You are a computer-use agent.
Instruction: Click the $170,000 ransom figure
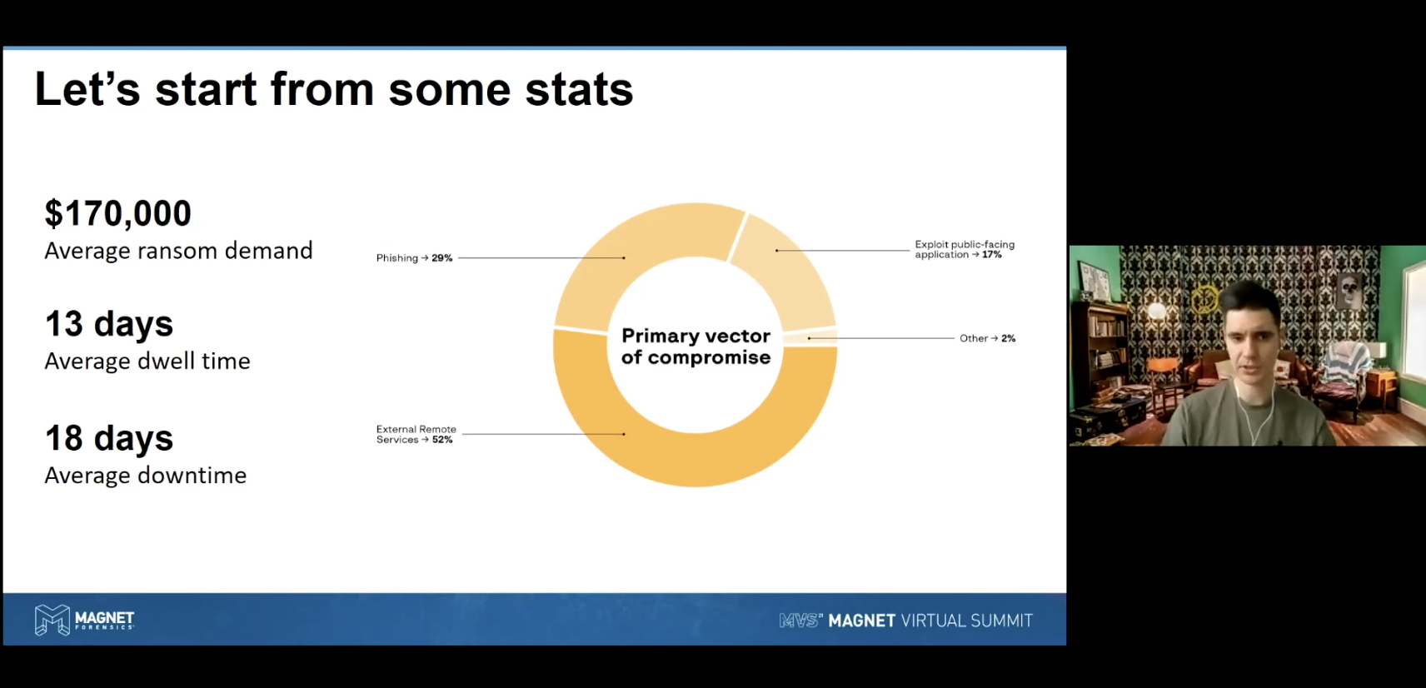[x=117, y=213]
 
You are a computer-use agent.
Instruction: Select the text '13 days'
[x=109, y=323]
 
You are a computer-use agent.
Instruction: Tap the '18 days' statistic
[x=109, y=438]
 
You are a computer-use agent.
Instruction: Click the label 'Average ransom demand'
[x=178, y=251]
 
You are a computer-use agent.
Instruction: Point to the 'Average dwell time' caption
[x=147, y=361]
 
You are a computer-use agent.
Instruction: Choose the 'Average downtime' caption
[x=145, y=476]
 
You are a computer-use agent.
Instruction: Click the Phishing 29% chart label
[x=414, y=257]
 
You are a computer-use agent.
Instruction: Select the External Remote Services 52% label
[x=416, y=434]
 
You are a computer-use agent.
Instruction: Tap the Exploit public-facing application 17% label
[x=965, y=250]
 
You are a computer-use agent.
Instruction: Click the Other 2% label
[x=987, y=338]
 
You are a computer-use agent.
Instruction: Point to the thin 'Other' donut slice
[x=810, y=337]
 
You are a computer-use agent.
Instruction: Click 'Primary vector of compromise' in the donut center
[x=696, y=346]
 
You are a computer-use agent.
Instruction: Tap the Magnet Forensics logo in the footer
[x=85, y=620]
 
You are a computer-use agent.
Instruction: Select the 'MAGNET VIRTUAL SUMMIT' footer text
[x=930, y=621]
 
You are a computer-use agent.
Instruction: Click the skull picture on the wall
[x=1349, y=291]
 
